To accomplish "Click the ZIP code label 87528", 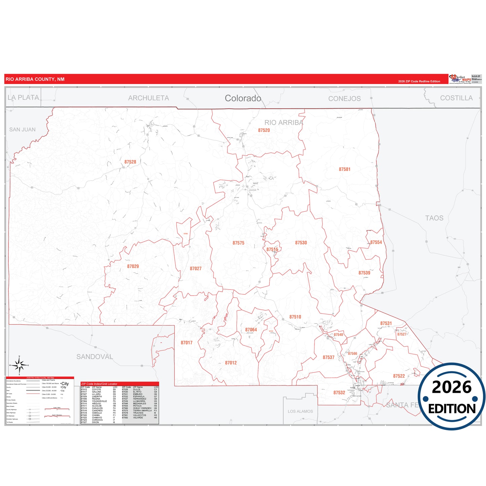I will (130, 162).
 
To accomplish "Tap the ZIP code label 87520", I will (264, 130).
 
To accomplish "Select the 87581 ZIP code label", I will (344, 170).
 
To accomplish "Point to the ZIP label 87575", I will (238, 243).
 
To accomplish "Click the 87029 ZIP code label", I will (133, 266).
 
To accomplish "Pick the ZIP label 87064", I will (251, 330).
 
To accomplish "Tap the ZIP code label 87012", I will (231, 363).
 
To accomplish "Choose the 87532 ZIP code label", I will (339, 393).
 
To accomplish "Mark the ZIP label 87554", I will (376, 242).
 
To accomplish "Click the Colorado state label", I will (243, 98).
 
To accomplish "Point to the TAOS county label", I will (434, 218).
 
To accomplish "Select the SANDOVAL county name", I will (95, 357).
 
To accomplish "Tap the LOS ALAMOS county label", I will (300, 411).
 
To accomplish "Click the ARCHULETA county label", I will (148, 98).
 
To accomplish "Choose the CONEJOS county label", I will (344, 99).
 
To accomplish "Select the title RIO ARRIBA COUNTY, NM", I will (35, 79).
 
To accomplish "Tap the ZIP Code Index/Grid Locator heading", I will (99, 384).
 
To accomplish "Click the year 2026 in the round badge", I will (451, 387).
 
